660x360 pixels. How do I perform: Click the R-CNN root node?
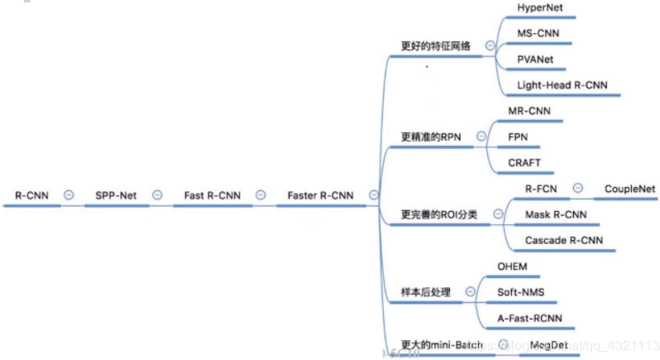(31, 195)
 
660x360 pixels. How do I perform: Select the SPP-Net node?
(116, 195)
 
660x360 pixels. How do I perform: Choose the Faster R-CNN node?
(320, 195)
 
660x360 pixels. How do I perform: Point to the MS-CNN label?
(537, 33)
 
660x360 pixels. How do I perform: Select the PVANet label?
(535, 59)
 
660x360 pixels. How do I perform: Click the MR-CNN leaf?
(529, 110)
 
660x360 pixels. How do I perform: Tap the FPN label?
(519, 137)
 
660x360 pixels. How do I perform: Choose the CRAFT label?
(524, 163)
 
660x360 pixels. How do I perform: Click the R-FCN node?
(541, 189)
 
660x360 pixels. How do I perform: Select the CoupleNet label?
(629, 189)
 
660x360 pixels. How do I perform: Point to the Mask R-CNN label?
(556, 214)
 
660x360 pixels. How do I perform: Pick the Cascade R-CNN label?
(564, 241)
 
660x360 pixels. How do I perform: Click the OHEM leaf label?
(512, 266)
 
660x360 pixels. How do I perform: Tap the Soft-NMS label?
(520, 292)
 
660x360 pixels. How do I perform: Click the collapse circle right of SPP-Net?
(155, 195)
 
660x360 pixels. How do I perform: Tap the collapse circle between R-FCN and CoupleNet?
(578, 189)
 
